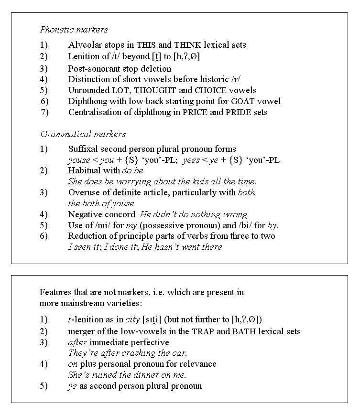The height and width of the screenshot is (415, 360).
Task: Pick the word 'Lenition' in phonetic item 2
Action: (83, 56)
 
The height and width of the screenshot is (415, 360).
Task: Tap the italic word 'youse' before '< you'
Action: (78, 160)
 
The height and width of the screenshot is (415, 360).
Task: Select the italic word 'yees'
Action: (191, 160)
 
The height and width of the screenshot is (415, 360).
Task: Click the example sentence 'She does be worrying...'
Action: (163, 181)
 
